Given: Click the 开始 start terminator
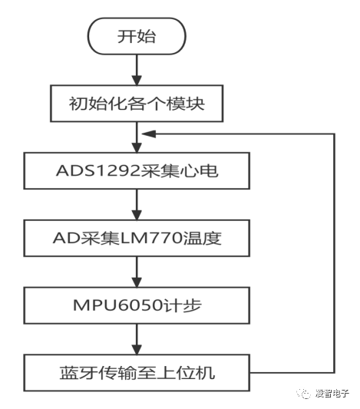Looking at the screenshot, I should click(x=137, y=36).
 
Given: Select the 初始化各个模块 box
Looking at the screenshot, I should click(x=137, y=104).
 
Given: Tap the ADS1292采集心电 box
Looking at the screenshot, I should click(x=137, y=171).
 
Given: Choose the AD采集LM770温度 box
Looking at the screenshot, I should click(x=137, y=239).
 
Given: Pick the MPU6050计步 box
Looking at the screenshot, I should click(x=137, y=306).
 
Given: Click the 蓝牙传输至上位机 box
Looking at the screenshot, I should click(x=137, y=374).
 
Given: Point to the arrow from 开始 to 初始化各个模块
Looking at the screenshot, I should click(x=137, y=71).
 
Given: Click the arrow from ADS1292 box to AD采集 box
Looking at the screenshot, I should click(x=137, y=205).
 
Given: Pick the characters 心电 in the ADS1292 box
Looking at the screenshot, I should click(x=203, y=171).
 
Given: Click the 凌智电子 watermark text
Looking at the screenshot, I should click(x=332, y=394).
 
